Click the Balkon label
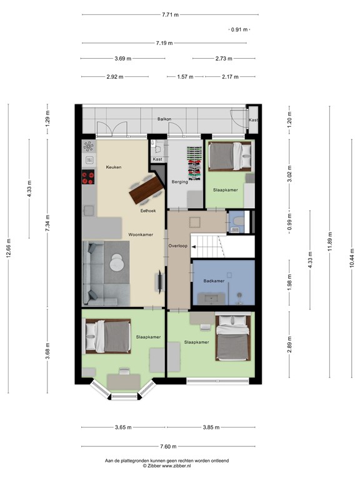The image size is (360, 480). (164, 118)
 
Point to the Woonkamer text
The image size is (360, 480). (141, 235)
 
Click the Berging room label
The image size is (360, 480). (180, 182)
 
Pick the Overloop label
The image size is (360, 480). (178, 246)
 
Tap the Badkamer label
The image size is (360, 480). (214, 281)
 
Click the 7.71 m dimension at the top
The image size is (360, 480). (169, 14)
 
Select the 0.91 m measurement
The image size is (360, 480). (239, 29)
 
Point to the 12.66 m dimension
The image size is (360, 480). (8, 247)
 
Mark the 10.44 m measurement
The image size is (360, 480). (352, 256)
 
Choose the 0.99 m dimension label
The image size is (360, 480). (289, 222)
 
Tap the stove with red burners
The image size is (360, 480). (88, 178)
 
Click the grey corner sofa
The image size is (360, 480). (94, 275)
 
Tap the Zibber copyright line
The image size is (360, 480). (167, 466)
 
